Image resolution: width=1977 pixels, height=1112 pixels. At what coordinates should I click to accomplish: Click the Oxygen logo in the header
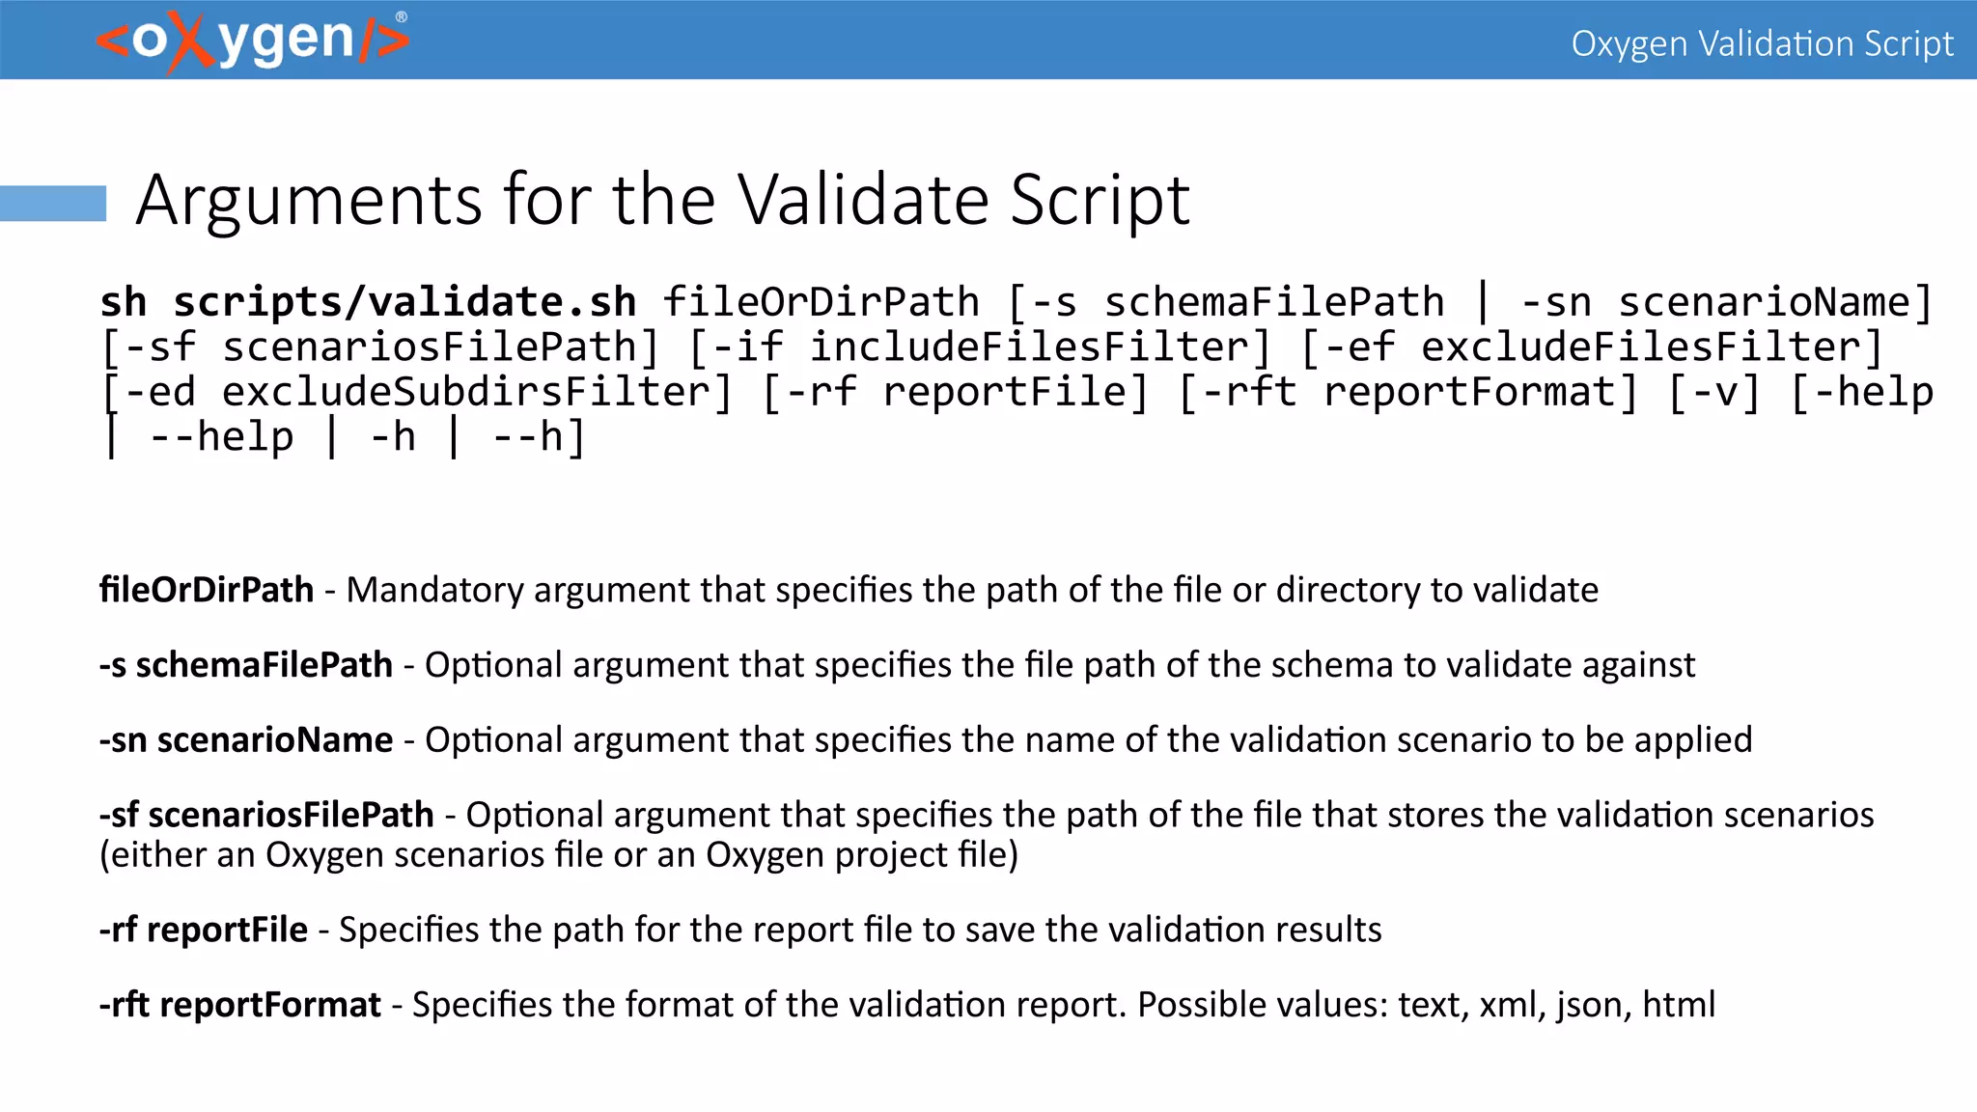tap(253, 42)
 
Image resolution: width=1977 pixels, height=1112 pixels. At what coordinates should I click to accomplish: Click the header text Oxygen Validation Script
tap(1762, 43)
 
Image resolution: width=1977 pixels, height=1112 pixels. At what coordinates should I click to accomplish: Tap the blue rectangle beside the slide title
tap(53, 203)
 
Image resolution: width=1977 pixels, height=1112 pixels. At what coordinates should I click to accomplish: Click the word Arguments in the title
tap(309, 201)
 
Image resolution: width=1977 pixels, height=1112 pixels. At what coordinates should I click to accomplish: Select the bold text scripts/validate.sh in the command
tap(404, 302)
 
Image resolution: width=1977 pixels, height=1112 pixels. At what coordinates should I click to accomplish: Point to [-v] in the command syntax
tap(1714, 392)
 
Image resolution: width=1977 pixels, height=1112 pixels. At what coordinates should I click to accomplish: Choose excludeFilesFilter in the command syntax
tap(1640, 347)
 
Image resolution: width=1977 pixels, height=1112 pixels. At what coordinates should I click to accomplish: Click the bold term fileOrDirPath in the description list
tap(207, 590)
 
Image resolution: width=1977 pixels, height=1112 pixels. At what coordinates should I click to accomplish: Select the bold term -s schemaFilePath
tap(246, 665)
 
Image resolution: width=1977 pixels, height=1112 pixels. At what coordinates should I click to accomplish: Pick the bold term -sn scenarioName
tap(246, 740)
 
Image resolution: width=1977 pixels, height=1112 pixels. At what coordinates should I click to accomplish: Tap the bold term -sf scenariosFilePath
tap(266, 816)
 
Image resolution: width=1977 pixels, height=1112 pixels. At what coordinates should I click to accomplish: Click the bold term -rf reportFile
tap(204, 930)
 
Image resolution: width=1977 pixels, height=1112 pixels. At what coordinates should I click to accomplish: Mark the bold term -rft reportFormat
tap(240, 1005)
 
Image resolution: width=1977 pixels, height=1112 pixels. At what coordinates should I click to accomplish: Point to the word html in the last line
tap(1679, 1005)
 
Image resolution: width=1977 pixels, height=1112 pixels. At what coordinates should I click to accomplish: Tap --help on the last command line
tap(222, 437)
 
